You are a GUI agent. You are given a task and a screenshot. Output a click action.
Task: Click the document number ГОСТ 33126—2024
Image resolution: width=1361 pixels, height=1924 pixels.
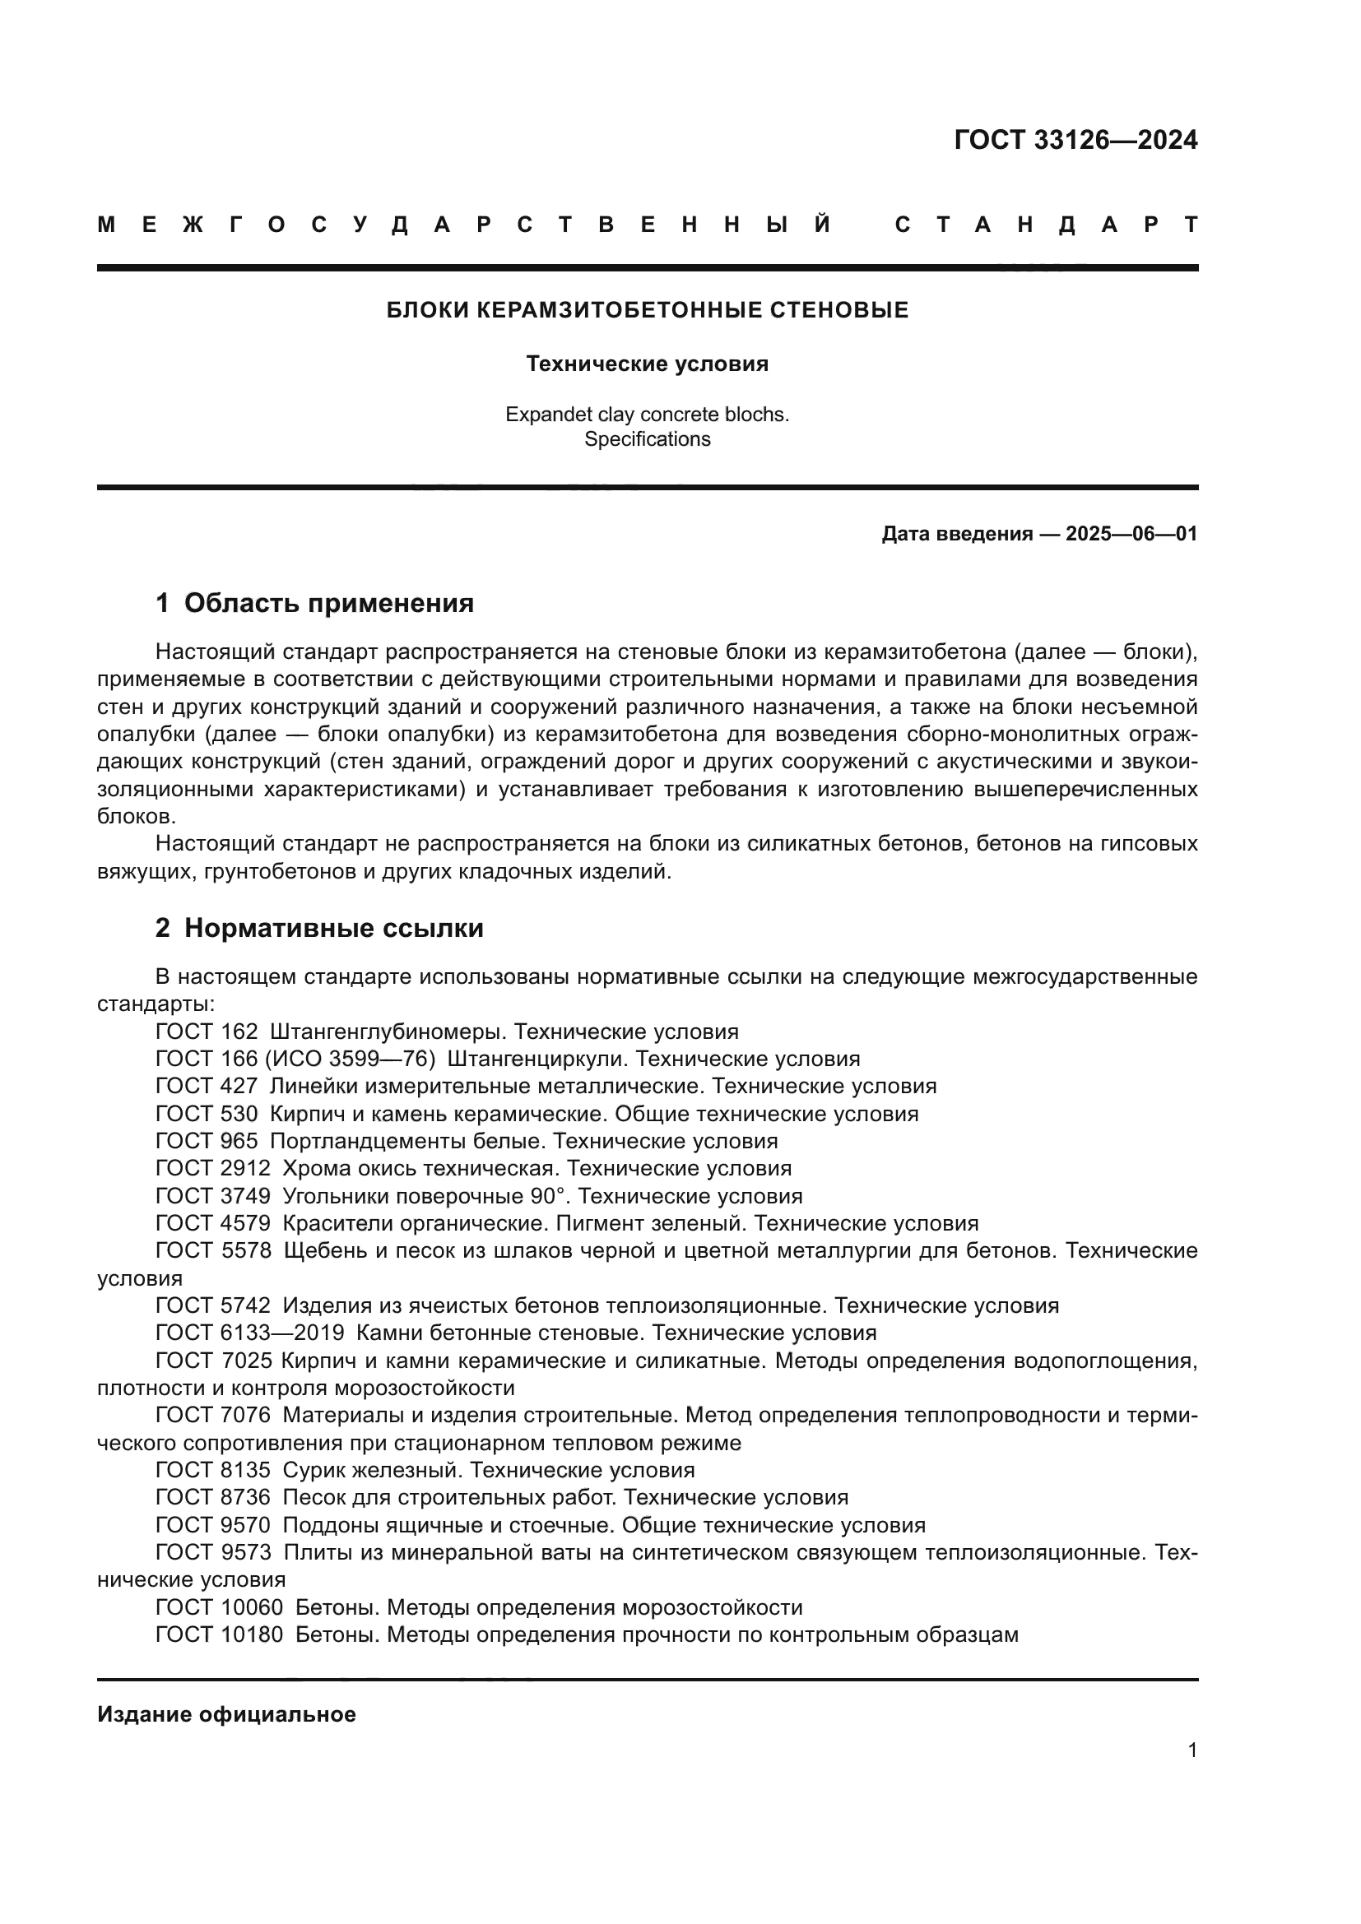pos(1075,140)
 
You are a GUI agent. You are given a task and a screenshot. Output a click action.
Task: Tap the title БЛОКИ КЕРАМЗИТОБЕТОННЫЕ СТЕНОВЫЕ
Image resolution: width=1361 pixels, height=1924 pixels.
pos(647,311)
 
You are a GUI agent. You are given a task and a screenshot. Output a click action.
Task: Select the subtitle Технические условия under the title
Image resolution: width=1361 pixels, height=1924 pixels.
pos(647,364)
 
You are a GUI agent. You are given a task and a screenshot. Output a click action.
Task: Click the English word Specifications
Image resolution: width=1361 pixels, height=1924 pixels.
pos(647,439)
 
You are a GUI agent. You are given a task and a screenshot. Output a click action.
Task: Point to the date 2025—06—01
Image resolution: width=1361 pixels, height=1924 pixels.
pos(1131,534)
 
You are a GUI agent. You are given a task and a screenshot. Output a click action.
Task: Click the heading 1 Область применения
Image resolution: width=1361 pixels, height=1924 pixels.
pos(314,603)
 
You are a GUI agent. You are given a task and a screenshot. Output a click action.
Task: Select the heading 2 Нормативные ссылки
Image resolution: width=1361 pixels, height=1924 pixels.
pos(319,929)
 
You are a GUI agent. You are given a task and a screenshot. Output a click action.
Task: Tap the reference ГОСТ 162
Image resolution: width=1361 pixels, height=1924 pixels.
pos(207,1032)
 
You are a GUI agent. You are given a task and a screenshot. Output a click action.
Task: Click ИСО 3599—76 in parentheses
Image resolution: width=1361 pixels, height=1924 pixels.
pos(349,1059)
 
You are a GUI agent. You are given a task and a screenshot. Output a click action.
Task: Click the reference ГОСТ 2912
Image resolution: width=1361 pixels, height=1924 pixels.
pos(213,1169)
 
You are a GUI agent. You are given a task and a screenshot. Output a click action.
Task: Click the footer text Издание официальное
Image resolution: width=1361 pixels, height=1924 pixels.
pos(226,1714)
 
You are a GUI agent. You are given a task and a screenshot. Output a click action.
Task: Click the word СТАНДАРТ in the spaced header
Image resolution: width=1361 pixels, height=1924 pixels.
pos(1046,225)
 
